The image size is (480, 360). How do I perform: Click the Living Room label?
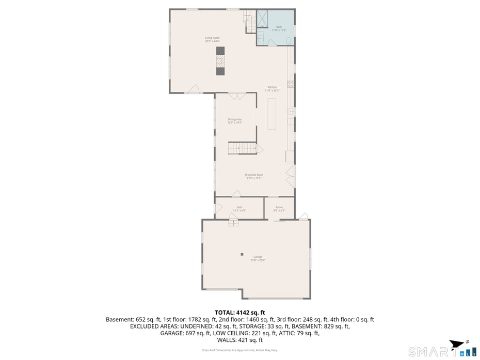click(x=212, y=39)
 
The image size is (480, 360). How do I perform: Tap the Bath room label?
click(x=279, y=28)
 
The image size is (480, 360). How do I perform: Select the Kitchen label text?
click(x=272, y=88)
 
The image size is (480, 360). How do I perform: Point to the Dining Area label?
click(x=235, y=120)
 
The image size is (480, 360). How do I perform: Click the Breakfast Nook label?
click(x=254, y=176)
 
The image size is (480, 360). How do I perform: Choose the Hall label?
click(x=239, y=209)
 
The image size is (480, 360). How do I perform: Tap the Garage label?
click(x=258, y=258)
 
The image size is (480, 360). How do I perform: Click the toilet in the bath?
click(x=289, y=40)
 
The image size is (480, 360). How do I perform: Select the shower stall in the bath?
click(x=263, y=18)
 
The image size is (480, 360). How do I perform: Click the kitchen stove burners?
click(x=291, y=84)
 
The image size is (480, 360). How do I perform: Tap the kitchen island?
click(x=273, y=112)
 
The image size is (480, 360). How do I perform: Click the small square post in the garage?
click(x=242, y=254)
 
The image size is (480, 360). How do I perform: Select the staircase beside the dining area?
click(x=242, y=148)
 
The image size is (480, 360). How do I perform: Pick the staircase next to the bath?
click(x=250, y=22)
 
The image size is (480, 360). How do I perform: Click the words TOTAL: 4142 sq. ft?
click(x=239, y=312)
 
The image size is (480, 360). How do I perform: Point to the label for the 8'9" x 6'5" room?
click(x=279, y=209)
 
